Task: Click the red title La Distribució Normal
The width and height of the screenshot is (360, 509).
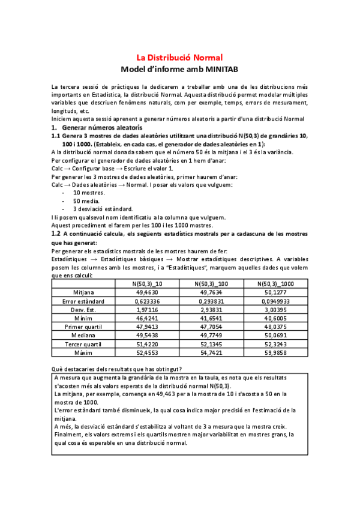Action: [180, 58]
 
